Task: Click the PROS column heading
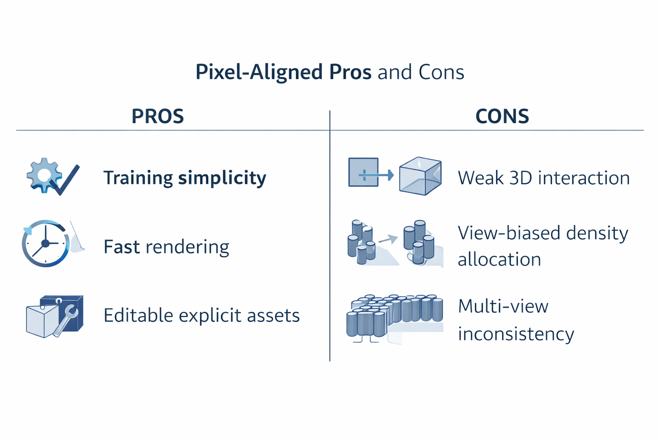[158, 116]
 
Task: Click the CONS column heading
[502, 116]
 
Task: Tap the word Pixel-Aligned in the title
[259, 72]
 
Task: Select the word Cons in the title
[441, 72]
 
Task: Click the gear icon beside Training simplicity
[43, 174]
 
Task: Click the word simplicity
[222, 178]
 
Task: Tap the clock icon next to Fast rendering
[46, 244]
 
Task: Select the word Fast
[122, 247]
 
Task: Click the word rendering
[187, 247]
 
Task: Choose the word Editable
[138, 315]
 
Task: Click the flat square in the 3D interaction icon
[364, 172]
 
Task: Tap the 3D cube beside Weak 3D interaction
[420, 176]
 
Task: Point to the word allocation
[499, 260]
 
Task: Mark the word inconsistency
[516, 334]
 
